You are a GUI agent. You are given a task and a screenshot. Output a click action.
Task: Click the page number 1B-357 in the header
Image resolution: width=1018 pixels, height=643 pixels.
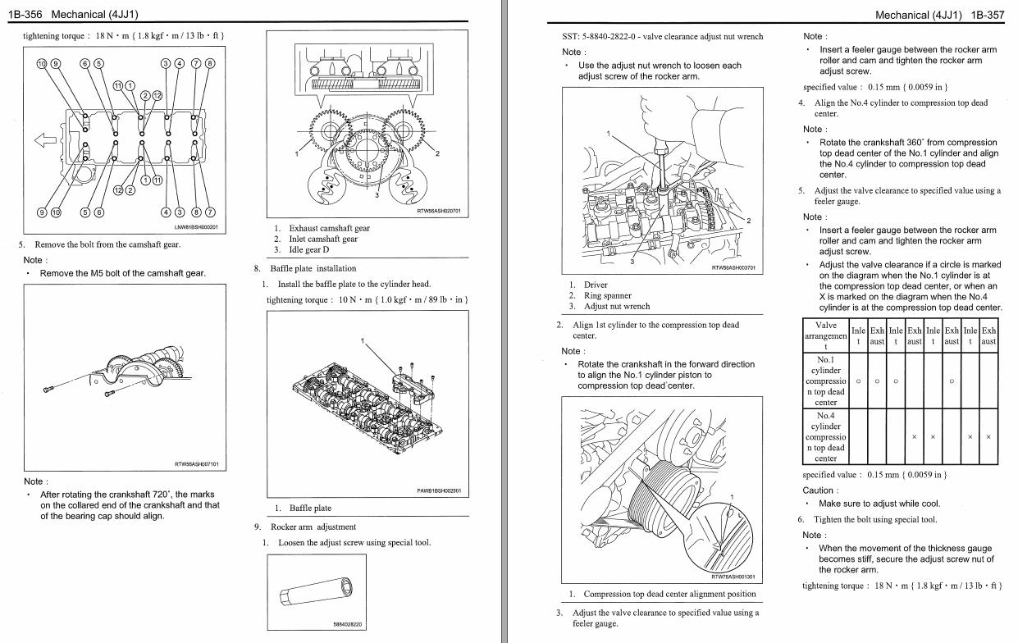coord(988,15)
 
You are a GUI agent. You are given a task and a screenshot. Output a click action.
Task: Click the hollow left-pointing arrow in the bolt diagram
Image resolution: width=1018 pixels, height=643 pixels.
coord(46,139)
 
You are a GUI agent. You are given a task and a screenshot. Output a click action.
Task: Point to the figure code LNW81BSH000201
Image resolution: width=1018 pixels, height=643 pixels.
coord(197,227)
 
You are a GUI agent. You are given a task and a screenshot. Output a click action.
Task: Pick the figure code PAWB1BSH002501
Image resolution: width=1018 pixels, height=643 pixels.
coord(439,491)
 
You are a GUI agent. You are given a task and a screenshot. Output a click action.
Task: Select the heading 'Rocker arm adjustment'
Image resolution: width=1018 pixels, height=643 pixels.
coord(313,527)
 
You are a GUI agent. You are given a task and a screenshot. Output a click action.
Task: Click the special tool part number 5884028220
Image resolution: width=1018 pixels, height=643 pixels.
coord(348,624)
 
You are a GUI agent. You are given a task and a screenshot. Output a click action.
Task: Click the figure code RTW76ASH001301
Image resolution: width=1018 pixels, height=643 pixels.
coord(733,577)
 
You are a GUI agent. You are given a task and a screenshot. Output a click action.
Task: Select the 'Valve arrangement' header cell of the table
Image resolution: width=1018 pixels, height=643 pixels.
coord(825,335)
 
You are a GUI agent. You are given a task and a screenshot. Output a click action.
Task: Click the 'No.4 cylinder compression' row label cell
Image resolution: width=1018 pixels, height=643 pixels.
coord(825,436)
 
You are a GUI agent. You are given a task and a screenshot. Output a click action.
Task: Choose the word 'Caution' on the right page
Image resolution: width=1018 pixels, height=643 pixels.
coord(819,490)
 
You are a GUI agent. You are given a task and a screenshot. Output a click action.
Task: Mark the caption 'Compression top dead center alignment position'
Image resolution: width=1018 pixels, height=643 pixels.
coord(669,594)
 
